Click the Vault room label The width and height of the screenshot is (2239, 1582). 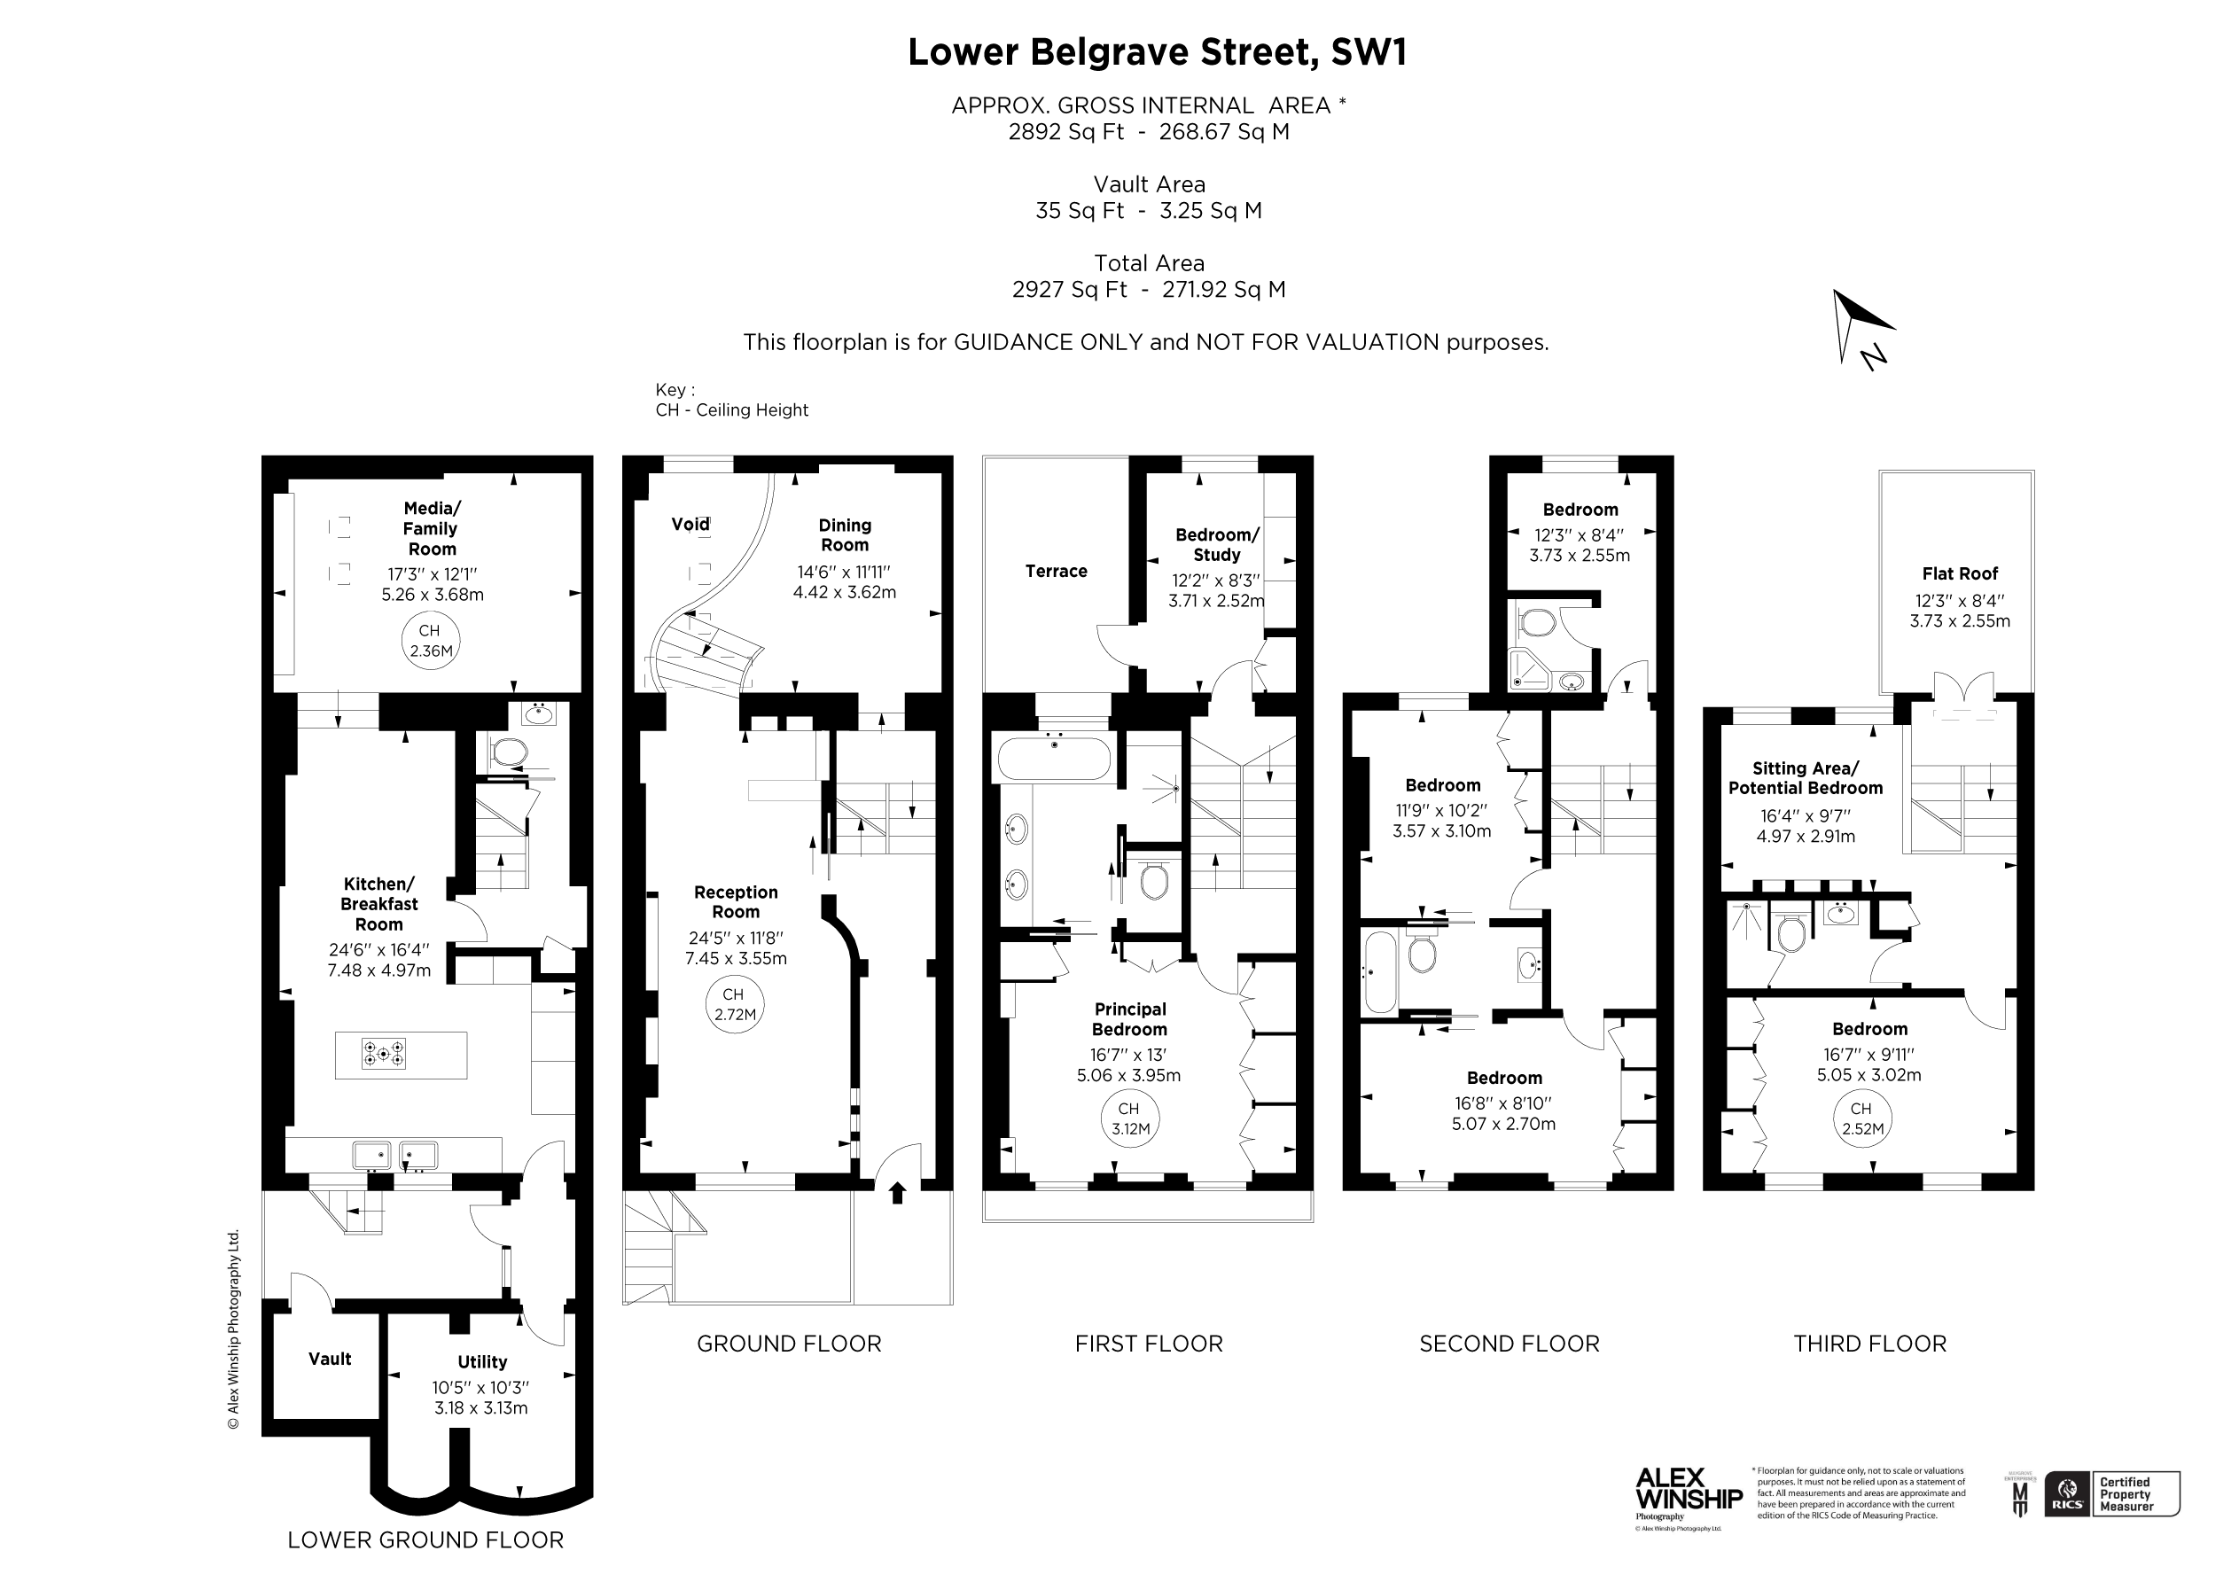pos(330,1359)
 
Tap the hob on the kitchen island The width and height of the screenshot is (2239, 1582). pos(383,1054)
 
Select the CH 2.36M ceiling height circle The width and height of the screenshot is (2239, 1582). pos(430,641)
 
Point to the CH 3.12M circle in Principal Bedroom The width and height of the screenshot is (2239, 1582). pos(1130,1118)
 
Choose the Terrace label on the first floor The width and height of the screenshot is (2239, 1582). pos(1055,572)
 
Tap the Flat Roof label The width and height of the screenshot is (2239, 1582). pos(1959,573)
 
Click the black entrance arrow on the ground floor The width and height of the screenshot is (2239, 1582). pos(897,1192)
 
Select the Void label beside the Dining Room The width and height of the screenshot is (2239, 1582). pos(690,525)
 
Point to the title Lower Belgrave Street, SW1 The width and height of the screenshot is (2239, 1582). pos(1157,52)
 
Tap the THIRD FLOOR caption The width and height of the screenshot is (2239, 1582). pos(1869,1344)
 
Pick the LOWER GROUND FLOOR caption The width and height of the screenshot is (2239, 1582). pos(425,1540)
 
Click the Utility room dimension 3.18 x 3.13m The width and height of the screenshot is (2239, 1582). pos(480,1407)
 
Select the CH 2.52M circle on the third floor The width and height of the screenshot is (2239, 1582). pos(1861,1118)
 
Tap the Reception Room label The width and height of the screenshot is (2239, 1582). pos(736,902)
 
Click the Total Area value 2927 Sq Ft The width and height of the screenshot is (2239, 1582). pos(1069,290)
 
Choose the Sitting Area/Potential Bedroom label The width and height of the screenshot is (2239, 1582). pos(1805,778)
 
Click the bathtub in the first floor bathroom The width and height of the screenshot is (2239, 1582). pos(1053,759)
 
